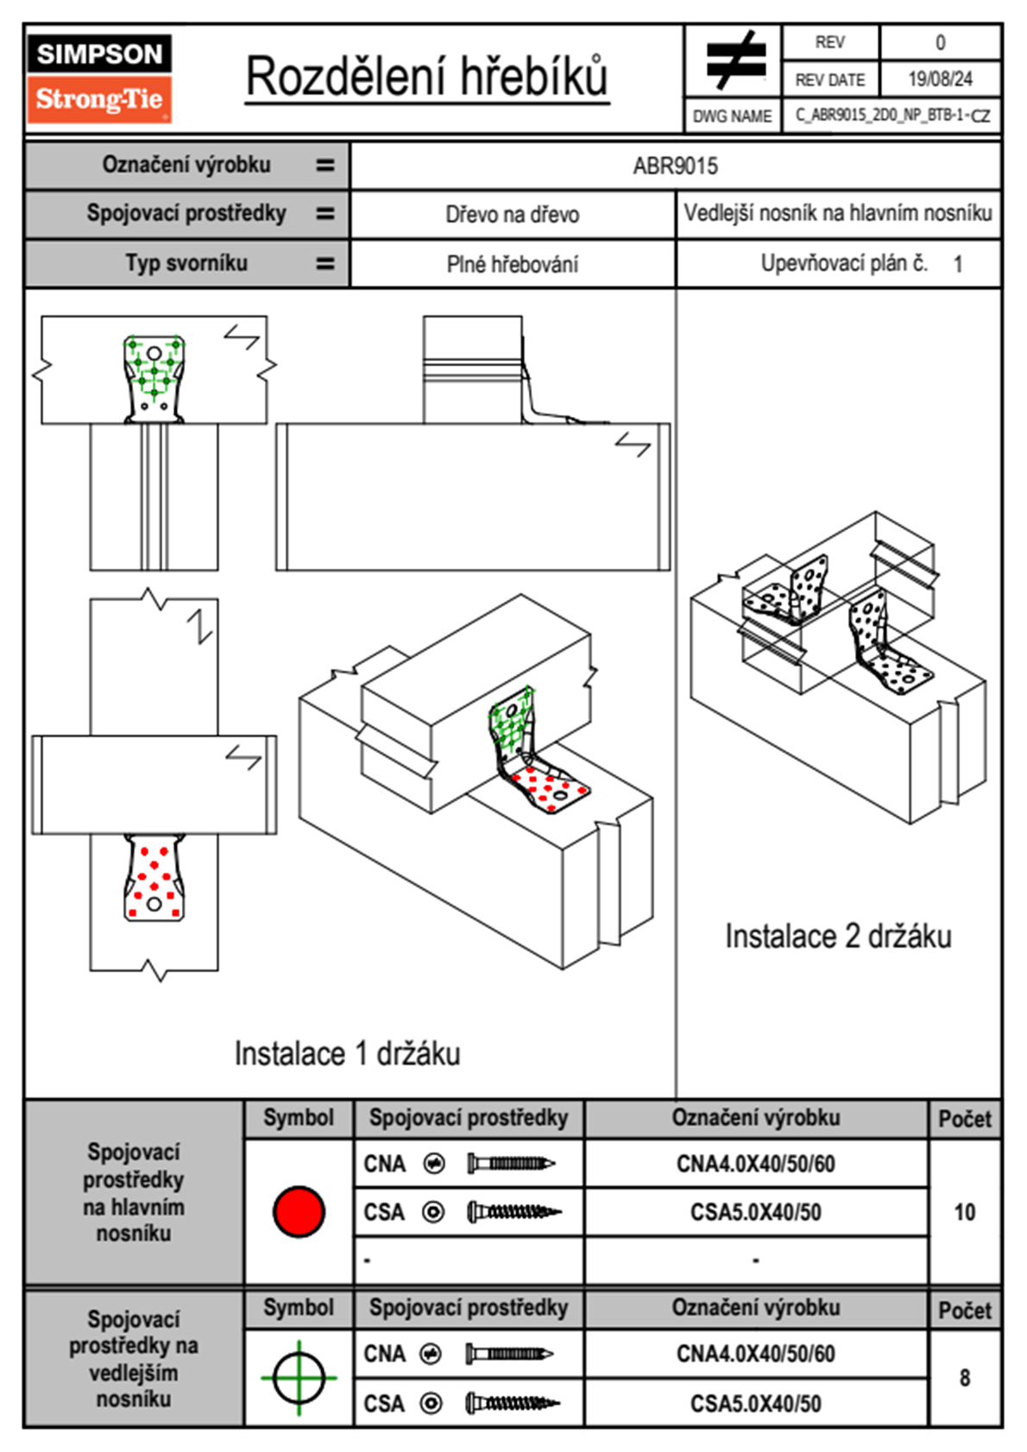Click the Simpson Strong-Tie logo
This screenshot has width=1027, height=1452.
pyautogui.click(x=99, y=78)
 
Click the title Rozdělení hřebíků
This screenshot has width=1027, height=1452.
pyautogui.click(x=427, y=77)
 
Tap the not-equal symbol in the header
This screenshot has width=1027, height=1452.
pyautogui.click(x=736, y=60)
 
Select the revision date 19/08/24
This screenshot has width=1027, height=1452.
pyautogui.click(x=940, y=79)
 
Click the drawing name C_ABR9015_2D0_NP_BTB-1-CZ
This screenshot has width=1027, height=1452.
pyautogui.click(x=893, y=116)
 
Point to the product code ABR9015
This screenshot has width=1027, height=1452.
pyautogui.click(x=675, y=166)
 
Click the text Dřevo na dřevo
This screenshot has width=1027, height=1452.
pyautogui.click(x=512, y=214)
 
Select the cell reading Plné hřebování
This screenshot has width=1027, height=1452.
pyautogui.click(x=512, y=264)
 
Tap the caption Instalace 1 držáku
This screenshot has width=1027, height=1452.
pyautogui.click(x=347, y=1053)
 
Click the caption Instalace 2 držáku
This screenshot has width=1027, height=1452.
pyautogui.click(x=838, y=937)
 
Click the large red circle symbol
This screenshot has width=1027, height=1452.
pyautogui.click(x=299, y=1211)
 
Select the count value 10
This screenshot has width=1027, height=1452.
pyautogui.click(x=964, y=1212)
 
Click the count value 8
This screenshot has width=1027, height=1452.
pyautogui.click(x=964, y=1378)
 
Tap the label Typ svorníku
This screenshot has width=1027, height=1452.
pyautogui.click(x=186, y=263)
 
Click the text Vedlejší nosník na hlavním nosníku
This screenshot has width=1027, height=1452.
pyautogui.click(x=838, y=212)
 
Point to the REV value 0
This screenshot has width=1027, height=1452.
pyautogui.click(x=940, y=43)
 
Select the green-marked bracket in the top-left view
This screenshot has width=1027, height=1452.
pyautogui.click(x=154, y=379)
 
